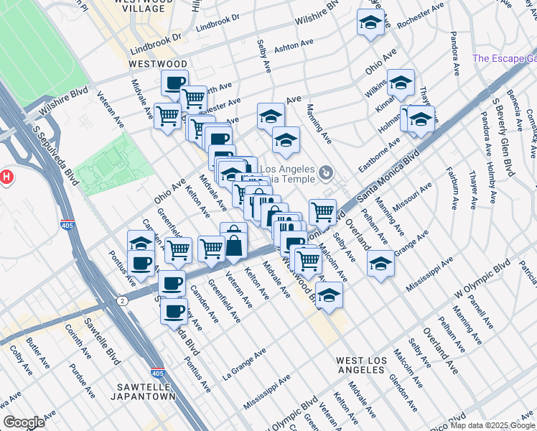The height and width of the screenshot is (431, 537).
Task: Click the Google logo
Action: click(23, 423)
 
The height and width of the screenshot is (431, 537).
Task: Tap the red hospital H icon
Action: click(6, 176)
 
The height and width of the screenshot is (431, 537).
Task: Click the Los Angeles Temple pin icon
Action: click(327, 172)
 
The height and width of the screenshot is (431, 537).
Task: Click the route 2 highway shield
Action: click(123, 300)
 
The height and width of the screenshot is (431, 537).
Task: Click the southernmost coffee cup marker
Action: click(174, 311)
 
